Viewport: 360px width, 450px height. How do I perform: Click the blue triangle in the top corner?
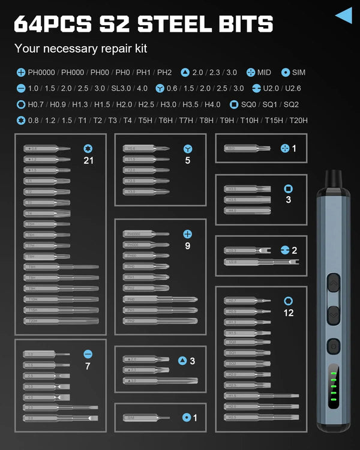[344, 15]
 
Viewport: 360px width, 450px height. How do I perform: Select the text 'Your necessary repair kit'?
[80, 49]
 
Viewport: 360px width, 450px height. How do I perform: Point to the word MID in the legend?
[263, 73]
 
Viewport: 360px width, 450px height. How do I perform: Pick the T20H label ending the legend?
[298, 120]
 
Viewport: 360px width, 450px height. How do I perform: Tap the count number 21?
[89, 160]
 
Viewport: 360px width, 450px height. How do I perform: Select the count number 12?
[289, 313]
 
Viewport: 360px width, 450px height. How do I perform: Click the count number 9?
[188, 245]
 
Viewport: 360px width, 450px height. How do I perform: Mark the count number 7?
[88, 365]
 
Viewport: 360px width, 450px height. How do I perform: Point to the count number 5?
[188, 160]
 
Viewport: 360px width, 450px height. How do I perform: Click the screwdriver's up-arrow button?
[333, 282]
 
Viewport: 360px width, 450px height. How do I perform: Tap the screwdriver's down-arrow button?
[333, 313]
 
